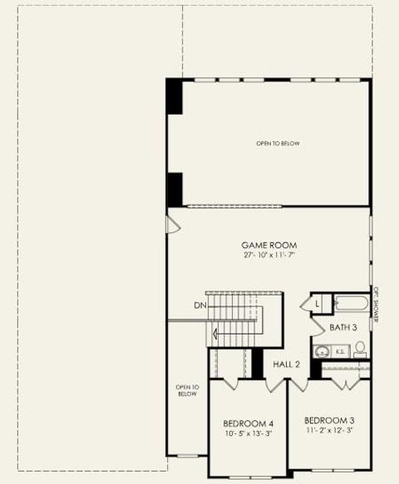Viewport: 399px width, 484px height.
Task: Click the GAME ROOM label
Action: (268, 245)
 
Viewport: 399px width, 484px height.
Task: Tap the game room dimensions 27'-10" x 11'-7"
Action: (268, 255)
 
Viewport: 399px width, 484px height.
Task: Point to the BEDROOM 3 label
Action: (329, 420)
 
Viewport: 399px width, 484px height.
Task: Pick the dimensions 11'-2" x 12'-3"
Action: (329, 430)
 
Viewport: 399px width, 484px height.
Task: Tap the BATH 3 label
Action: (342, 327)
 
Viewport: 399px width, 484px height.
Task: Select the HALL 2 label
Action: (286, 364)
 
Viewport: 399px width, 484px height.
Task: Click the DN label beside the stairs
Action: (199, 306)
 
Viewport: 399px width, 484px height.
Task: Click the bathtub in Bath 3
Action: (350, 303)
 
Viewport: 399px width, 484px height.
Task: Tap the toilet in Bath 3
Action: (360, 350)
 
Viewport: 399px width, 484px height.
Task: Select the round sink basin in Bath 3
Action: (323, 351)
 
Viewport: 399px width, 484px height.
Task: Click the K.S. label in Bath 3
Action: (340, 351)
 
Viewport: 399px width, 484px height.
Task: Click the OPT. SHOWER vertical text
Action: (376, 305)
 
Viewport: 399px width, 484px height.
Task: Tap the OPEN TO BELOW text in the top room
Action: (278, 144)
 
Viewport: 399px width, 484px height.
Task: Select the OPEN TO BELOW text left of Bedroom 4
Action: (187, 390)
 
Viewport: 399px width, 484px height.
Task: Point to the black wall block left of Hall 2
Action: (258, 362)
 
